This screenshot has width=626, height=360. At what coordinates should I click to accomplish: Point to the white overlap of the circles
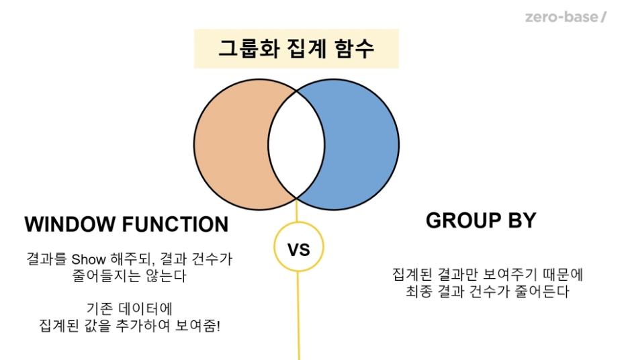pyautogui.click(x=296, y=144)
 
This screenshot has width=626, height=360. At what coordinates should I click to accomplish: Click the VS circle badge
pyautogui.click(x=299, y=250)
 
